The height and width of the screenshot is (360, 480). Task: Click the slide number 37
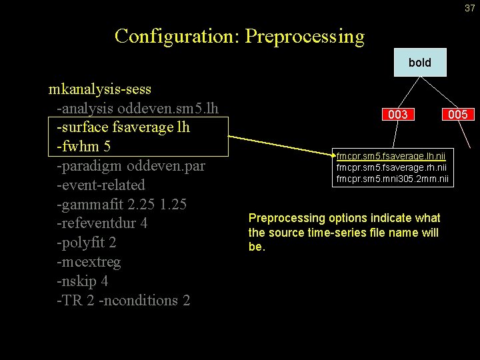(470, 8)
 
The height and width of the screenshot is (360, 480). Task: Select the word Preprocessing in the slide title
(305, 36)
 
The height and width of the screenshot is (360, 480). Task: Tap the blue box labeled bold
(420, 63)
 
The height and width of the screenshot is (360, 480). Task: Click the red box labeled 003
(398, 115)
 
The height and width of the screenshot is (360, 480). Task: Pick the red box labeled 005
(457, 115)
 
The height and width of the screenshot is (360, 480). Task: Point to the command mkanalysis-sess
(100, 89)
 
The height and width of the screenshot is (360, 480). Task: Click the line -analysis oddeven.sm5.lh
(137, 108)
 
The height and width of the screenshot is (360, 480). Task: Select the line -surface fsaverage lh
(123, 127)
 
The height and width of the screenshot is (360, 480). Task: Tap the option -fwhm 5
(83, 146)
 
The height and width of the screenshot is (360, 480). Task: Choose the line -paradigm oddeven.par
(131, 165)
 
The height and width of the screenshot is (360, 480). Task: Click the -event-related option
(101, 185)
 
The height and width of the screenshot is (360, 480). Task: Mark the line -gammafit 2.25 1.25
(121, 204)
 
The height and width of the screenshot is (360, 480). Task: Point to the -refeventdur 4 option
(102, 223)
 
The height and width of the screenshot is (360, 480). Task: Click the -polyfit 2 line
(87, 242)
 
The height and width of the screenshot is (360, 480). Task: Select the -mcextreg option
(89, 261)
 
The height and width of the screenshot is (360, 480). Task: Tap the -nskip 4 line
(83, 281)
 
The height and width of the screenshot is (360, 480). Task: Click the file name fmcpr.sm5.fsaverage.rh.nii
(391, 167)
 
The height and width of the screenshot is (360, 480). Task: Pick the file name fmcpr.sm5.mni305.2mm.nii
(393, 178)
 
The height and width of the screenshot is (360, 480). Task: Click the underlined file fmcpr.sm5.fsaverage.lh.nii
(391, 156)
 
